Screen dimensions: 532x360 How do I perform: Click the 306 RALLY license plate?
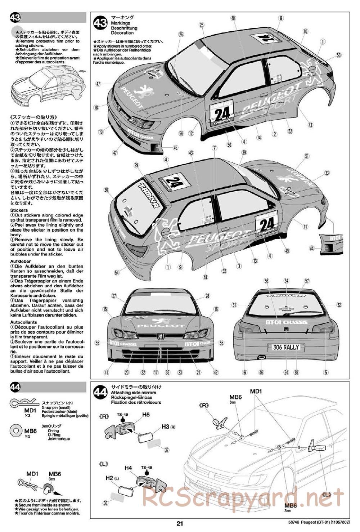286,347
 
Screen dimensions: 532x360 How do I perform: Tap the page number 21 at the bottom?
180,524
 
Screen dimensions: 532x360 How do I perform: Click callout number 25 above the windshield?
202,24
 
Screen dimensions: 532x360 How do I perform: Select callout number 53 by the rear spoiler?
338,55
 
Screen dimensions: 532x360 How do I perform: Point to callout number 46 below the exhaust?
261,372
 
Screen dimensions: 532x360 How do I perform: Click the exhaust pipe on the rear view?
261,357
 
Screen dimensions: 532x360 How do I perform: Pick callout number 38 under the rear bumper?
296,372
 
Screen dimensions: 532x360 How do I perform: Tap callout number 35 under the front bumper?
167,372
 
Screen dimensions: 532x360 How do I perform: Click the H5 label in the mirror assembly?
145,415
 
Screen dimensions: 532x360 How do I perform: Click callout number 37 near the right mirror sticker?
166,450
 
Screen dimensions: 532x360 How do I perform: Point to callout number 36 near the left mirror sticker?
105,504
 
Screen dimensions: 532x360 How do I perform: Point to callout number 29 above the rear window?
136,165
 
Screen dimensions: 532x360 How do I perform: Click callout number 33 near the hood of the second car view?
327,173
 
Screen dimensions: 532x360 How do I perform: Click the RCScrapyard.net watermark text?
243,497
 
